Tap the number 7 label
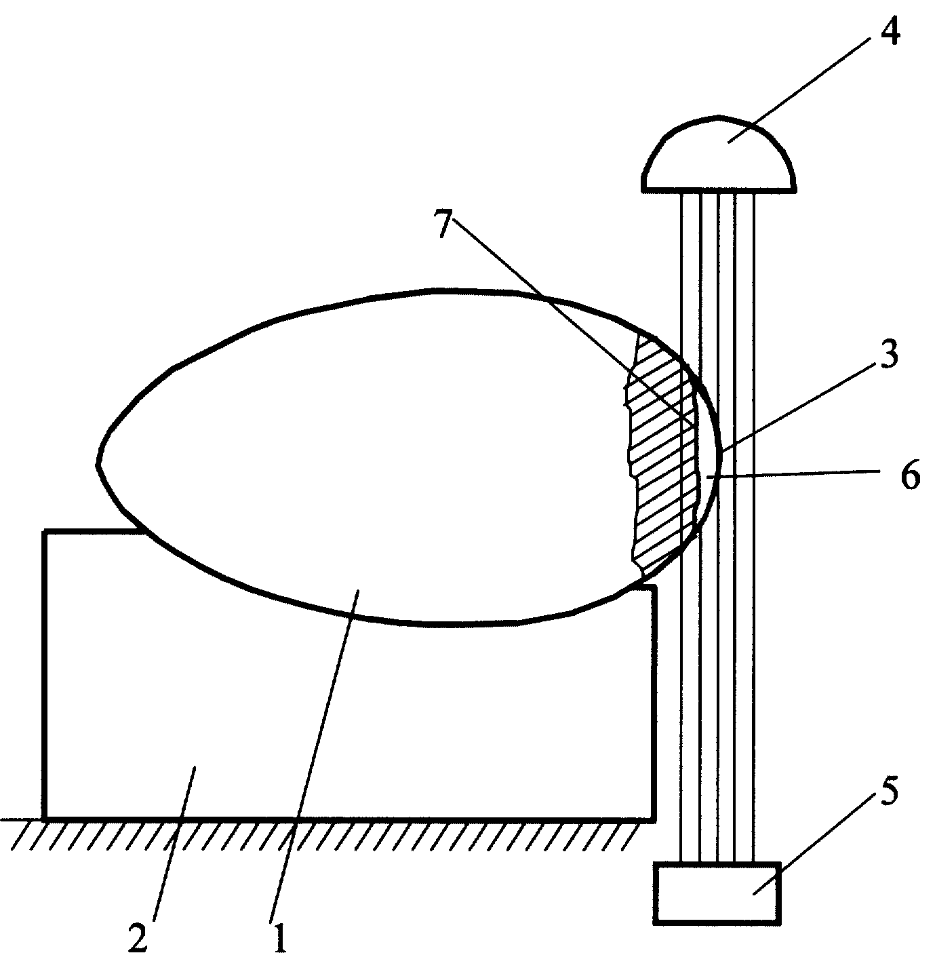tap(444, 223)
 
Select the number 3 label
tap(888, 355)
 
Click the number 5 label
tap(888, 792)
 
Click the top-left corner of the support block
tap(45, 532)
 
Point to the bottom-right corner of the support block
tap(654, 819)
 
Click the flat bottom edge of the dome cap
tap(718, 190)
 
